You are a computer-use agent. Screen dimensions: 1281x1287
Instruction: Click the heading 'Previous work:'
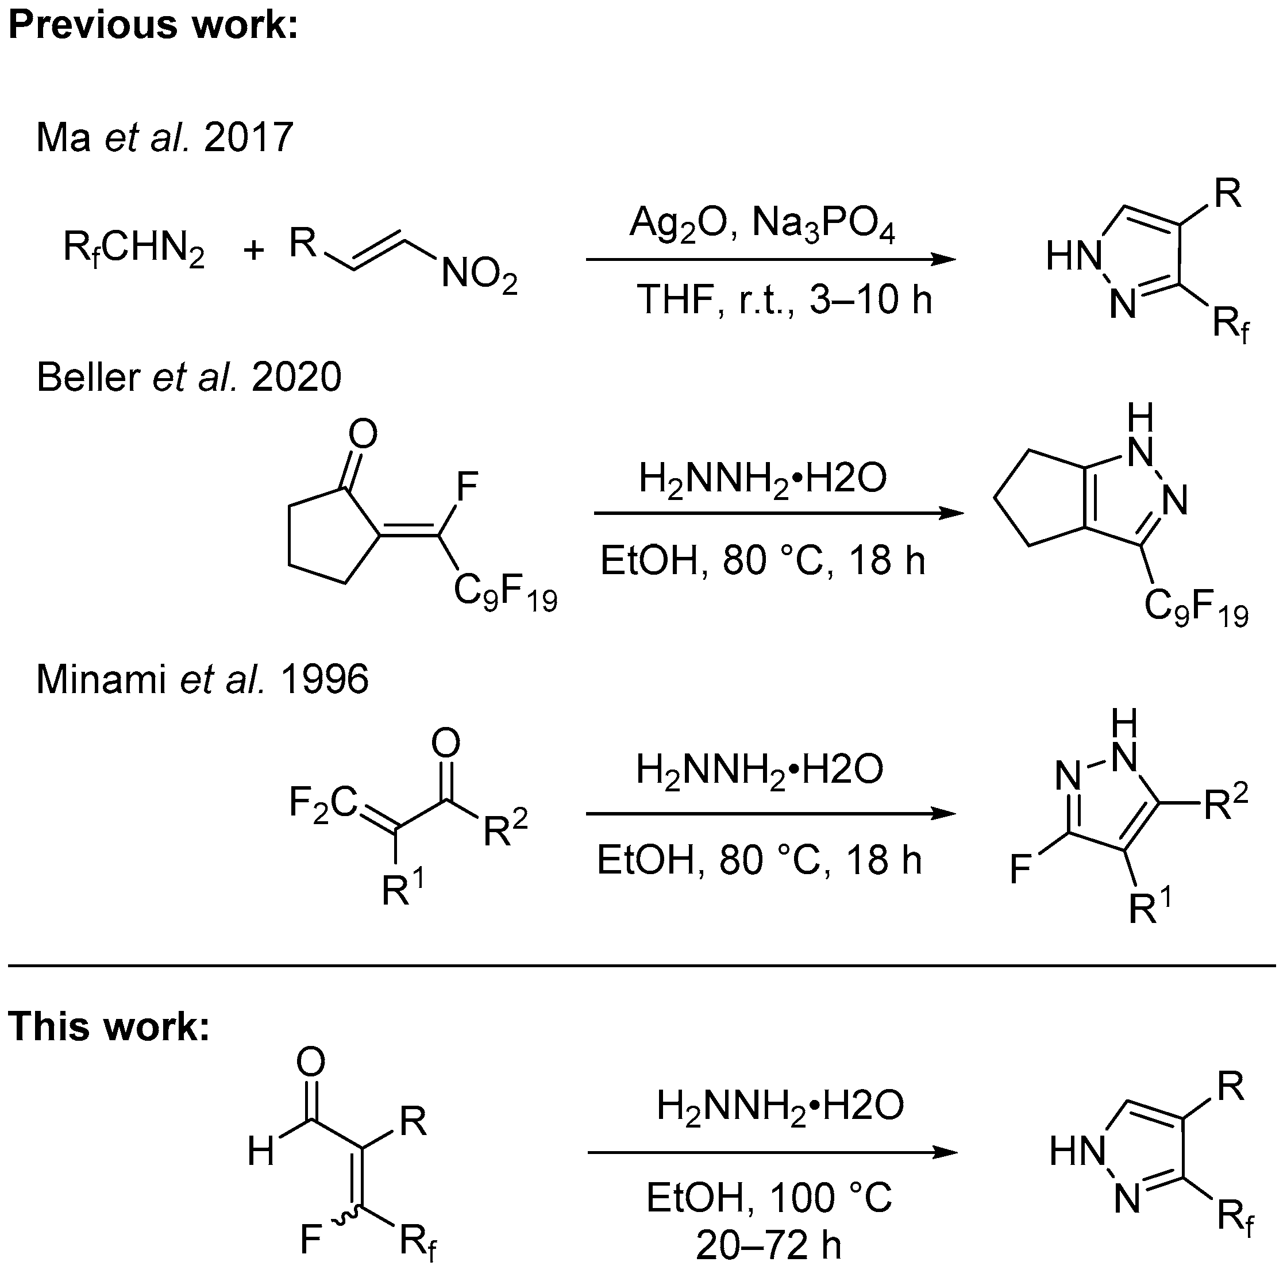tap(153, 25)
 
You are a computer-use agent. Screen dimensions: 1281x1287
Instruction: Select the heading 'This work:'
tap(109, 1026)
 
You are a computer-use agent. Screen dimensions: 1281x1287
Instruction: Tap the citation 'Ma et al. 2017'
tap(164, 137)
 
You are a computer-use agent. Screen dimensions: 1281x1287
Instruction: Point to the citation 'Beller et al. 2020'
tap(188, 377)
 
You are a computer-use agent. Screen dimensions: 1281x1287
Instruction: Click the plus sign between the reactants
tap(254, 251)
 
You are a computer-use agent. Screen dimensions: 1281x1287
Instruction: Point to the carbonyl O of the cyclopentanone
tap(363, 434)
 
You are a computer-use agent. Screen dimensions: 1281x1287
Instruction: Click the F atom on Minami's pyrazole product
tap(1021, 870)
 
